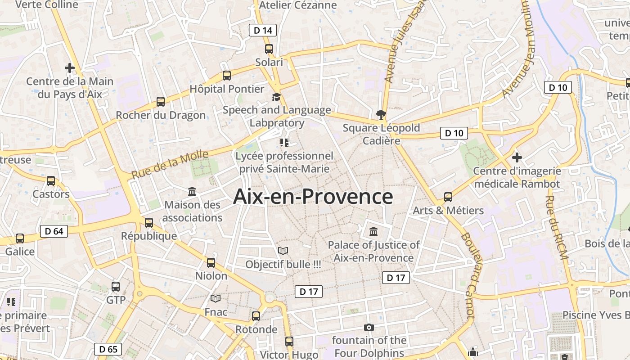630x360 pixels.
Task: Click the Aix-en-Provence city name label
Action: tap(313, 197)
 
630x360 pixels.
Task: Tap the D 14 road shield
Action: tap(263, 30)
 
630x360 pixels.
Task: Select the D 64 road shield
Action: tap(54, 231)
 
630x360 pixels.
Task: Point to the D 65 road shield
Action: tap(108, 349)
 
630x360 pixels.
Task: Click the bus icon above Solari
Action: tap(269, 49)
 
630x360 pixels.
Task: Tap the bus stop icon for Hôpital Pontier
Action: tap(227, 76)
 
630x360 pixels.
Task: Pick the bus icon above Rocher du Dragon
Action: tap(161, 102)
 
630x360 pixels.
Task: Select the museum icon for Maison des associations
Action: tap(192, 192)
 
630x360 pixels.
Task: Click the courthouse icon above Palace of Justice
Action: tap(373, 232)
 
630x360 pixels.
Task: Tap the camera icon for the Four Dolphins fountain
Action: tap(369, 327)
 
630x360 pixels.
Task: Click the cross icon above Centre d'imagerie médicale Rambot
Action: tap(517, 157)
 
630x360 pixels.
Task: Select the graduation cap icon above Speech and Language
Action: tap(276, 97)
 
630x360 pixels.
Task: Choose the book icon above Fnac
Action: tap(216, 298)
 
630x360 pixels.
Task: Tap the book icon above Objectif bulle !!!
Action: tap(283, 251)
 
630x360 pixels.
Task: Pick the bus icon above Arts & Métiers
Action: tap(448, 197)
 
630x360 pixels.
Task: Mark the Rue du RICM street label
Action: tap(557, 228)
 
